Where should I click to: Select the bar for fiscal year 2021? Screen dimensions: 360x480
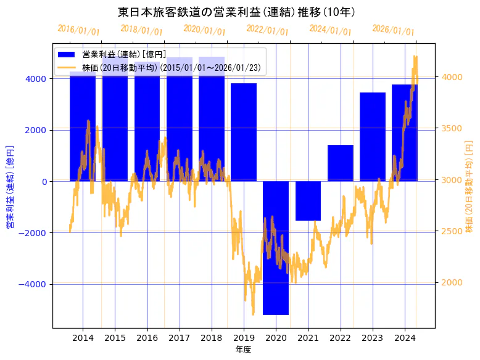coord(308,200)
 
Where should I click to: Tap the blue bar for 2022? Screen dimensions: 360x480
coord(340,163)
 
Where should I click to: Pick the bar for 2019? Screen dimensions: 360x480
coord(244,132)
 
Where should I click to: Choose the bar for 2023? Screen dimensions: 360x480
coord(372,136)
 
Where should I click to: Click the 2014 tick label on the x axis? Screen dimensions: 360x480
coord(83,338)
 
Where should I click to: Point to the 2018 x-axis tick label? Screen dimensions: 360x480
coord(212,338)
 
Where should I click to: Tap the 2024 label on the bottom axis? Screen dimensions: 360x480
coord(405,338)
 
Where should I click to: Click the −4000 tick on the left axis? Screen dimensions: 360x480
coord(35,284)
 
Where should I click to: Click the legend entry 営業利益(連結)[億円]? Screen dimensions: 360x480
coord(123,55)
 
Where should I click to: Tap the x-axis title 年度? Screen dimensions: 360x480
coord(244,350)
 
